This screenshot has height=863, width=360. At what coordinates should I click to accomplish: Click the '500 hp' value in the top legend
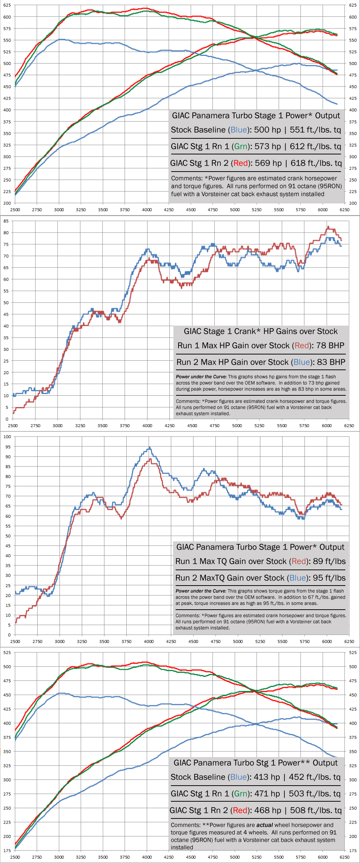point(267,130)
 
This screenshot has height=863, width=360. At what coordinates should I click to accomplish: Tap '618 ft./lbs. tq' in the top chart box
point(316,163)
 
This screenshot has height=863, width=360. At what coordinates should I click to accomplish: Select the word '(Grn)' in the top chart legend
point(241,146)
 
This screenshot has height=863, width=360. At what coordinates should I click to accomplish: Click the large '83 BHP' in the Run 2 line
point(331,362)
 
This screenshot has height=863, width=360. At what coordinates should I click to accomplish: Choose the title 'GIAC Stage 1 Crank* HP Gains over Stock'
point(261,331)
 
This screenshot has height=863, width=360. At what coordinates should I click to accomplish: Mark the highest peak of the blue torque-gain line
point(149,448)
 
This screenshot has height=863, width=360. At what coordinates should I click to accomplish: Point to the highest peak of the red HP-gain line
point(328,227)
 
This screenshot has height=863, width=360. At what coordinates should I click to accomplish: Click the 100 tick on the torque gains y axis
point(7,437)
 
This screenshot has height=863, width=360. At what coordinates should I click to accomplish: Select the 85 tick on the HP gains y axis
point(6,221)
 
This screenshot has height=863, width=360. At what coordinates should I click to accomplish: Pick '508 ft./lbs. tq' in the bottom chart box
point(316,810)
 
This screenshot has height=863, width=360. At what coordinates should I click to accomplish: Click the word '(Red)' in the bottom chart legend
point(240,810)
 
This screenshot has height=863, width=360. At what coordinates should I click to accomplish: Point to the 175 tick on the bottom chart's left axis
point(7,850)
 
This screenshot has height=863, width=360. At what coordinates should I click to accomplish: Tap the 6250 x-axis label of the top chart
point(344,210)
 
